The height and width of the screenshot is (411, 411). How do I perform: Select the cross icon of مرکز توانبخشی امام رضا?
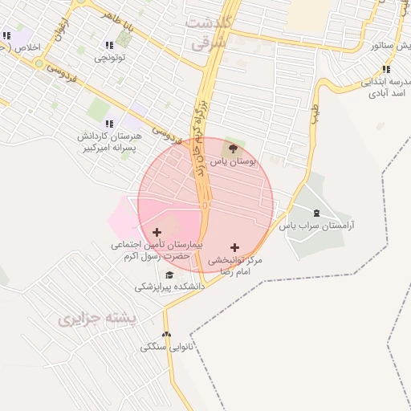(234, 248)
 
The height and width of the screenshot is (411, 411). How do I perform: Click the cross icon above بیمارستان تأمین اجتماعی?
(157, 231)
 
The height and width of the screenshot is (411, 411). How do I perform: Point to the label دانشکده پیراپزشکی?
(169, 286)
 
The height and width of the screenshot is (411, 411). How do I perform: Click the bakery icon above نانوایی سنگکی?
(167, 335)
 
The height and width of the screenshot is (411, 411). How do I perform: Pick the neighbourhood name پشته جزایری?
(99, 319)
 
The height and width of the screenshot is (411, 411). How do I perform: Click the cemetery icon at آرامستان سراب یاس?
(315, 213)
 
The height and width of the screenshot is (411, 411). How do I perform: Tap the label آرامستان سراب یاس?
(315, 226)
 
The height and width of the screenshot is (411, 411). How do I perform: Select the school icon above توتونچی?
(109, 45)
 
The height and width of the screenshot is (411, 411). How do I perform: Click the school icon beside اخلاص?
(7, 35)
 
